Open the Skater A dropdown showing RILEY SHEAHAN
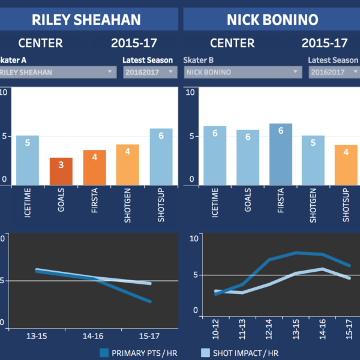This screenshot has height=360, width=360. pos(57,72)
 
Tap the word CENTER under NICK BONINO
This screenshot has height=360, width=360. pos(231,43)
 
